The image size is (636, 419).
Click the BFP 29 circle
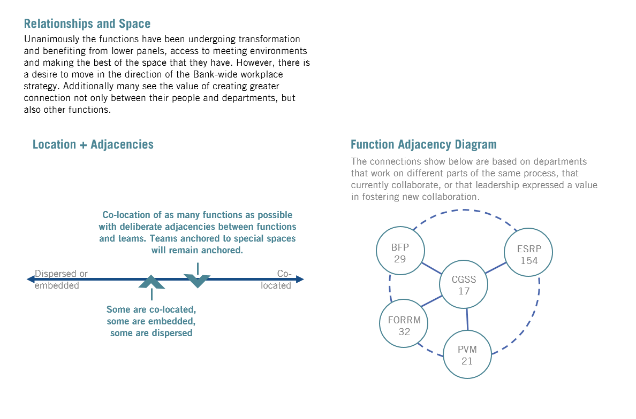click(x=400, y=251)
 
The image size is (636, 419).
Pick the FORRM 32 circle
click(x=404, y=324)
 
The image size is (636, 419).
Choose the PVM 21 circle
click(x=467, y=354)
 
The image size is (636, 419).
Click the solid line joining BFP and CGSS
click(x=431, y=268)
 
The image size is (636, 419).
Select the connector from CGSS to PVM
click(x=467, y=319)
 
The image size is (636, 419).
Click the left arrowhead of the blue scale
click(x=31, y=279)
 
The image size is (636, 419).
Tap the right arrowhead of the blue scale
click(x=300, y=279)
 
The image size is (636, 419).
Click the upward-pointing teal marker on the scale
click(x=152, y=282)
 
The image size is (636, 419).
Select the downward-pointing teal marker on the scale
click(x=197, y=281)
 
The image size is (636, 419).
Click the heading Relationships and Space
click(x=87, y=24)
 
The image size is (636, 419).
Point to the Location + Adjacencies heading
click(x=93, y=144)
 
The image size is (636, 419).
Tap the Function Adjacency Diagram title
click(x=423, y=144)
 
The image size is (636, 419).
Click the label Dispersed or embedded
click(x=60, y=280)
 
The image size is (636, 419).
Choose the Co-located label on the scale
click(x=277, y=280)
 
